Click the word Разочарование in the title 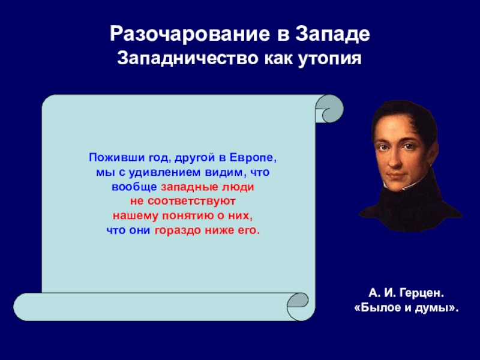[x=190, y=34]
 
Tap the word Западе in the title [x=332, y=34]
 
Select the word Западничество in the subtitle [x=188, y=58]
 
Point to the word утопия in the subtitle [x=329, y=59]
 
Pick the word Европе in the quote [x=253, y=158]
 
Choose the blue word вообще [x=134, y=187]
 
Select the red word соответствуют [x=191, y=202]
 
